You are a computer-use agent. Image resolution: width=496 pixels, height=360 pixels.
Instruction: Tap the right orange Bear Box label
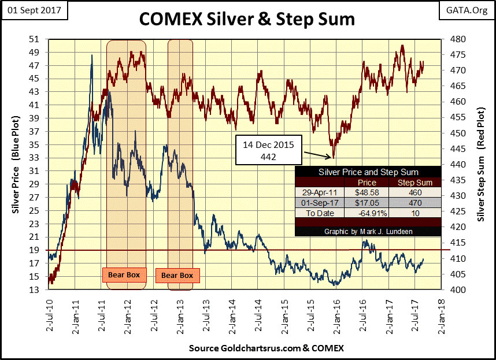tap(177, 275)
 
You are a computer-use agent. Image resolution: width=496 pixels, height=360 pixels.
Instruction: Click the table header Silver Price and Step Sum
tap(368, 172)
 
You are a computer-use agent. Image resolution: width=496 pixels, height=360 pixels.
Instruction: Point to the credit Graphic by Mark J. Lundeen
tap(368, 232)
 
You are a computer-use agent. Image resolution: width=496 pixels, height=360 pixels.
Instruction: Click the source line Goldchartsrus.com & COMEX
tap(266, 348)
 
